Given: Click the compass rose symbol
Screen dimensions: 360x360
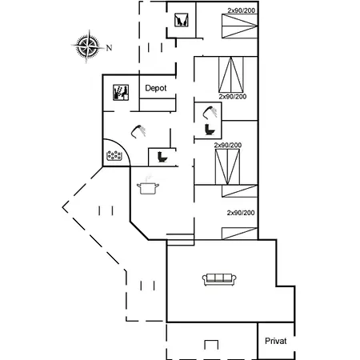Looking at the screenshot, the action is click(x=88, y=46).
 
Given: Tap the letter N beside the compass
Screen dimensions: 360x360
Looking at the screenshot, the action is click(x=109, y=48).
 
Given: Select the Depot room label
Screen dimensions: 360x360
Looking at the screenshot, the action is click(x=156, y=88).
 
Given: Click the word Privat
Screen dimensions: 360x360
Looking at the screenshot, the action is click(x=276, y=341).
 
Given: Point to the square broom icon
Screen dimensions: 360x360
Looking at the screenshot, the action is click(x=182, y=20).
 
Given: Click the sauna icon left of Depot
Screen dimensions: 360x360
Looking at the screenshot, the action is click(x=121, y=93).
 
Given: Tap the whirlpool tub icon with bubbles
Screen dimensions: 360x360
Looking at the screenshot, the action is click(x=114, y=155).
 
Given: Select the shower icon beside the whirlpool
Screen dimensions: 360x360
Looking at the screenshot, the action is click(x=138, y=131).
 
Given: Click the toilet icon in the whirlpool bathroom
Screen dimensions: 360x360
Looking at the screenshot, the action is click(x=162, y=157).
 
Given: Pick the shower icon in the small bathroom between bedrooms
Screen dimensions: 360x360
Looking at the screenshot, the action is click(x=210, y=112).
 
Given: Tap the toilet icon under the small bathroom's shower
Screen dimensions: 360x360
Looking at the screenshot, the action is click(x=210, y=130).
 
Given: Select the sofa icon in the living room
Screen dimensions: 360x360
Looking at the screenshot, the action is click(x=219, y=280).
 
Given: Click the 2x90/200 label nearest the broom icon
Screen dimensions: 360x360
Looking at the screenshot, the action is click(x=242, y=10).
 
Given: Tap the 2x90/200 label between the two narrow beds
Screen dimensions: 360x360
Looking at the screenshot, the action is click(x=241, y=213).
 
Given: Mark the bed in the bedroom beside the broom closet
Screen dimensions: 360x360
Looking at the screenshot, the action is click(x=239, y=26).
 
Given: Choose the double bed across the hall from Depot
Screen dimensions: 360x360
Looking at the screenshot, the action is click(x=231, y=74).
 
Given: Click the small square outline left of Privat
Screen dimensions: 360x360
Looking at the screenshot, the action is click(x=211, y=345).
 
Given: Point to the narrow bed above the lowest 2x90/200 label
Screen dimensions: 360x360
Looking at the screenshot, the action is click(x=239, y=191).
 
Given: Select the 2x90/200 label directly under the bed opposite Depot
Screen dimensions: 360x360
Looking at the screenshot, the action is click(x=233, y=97).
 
